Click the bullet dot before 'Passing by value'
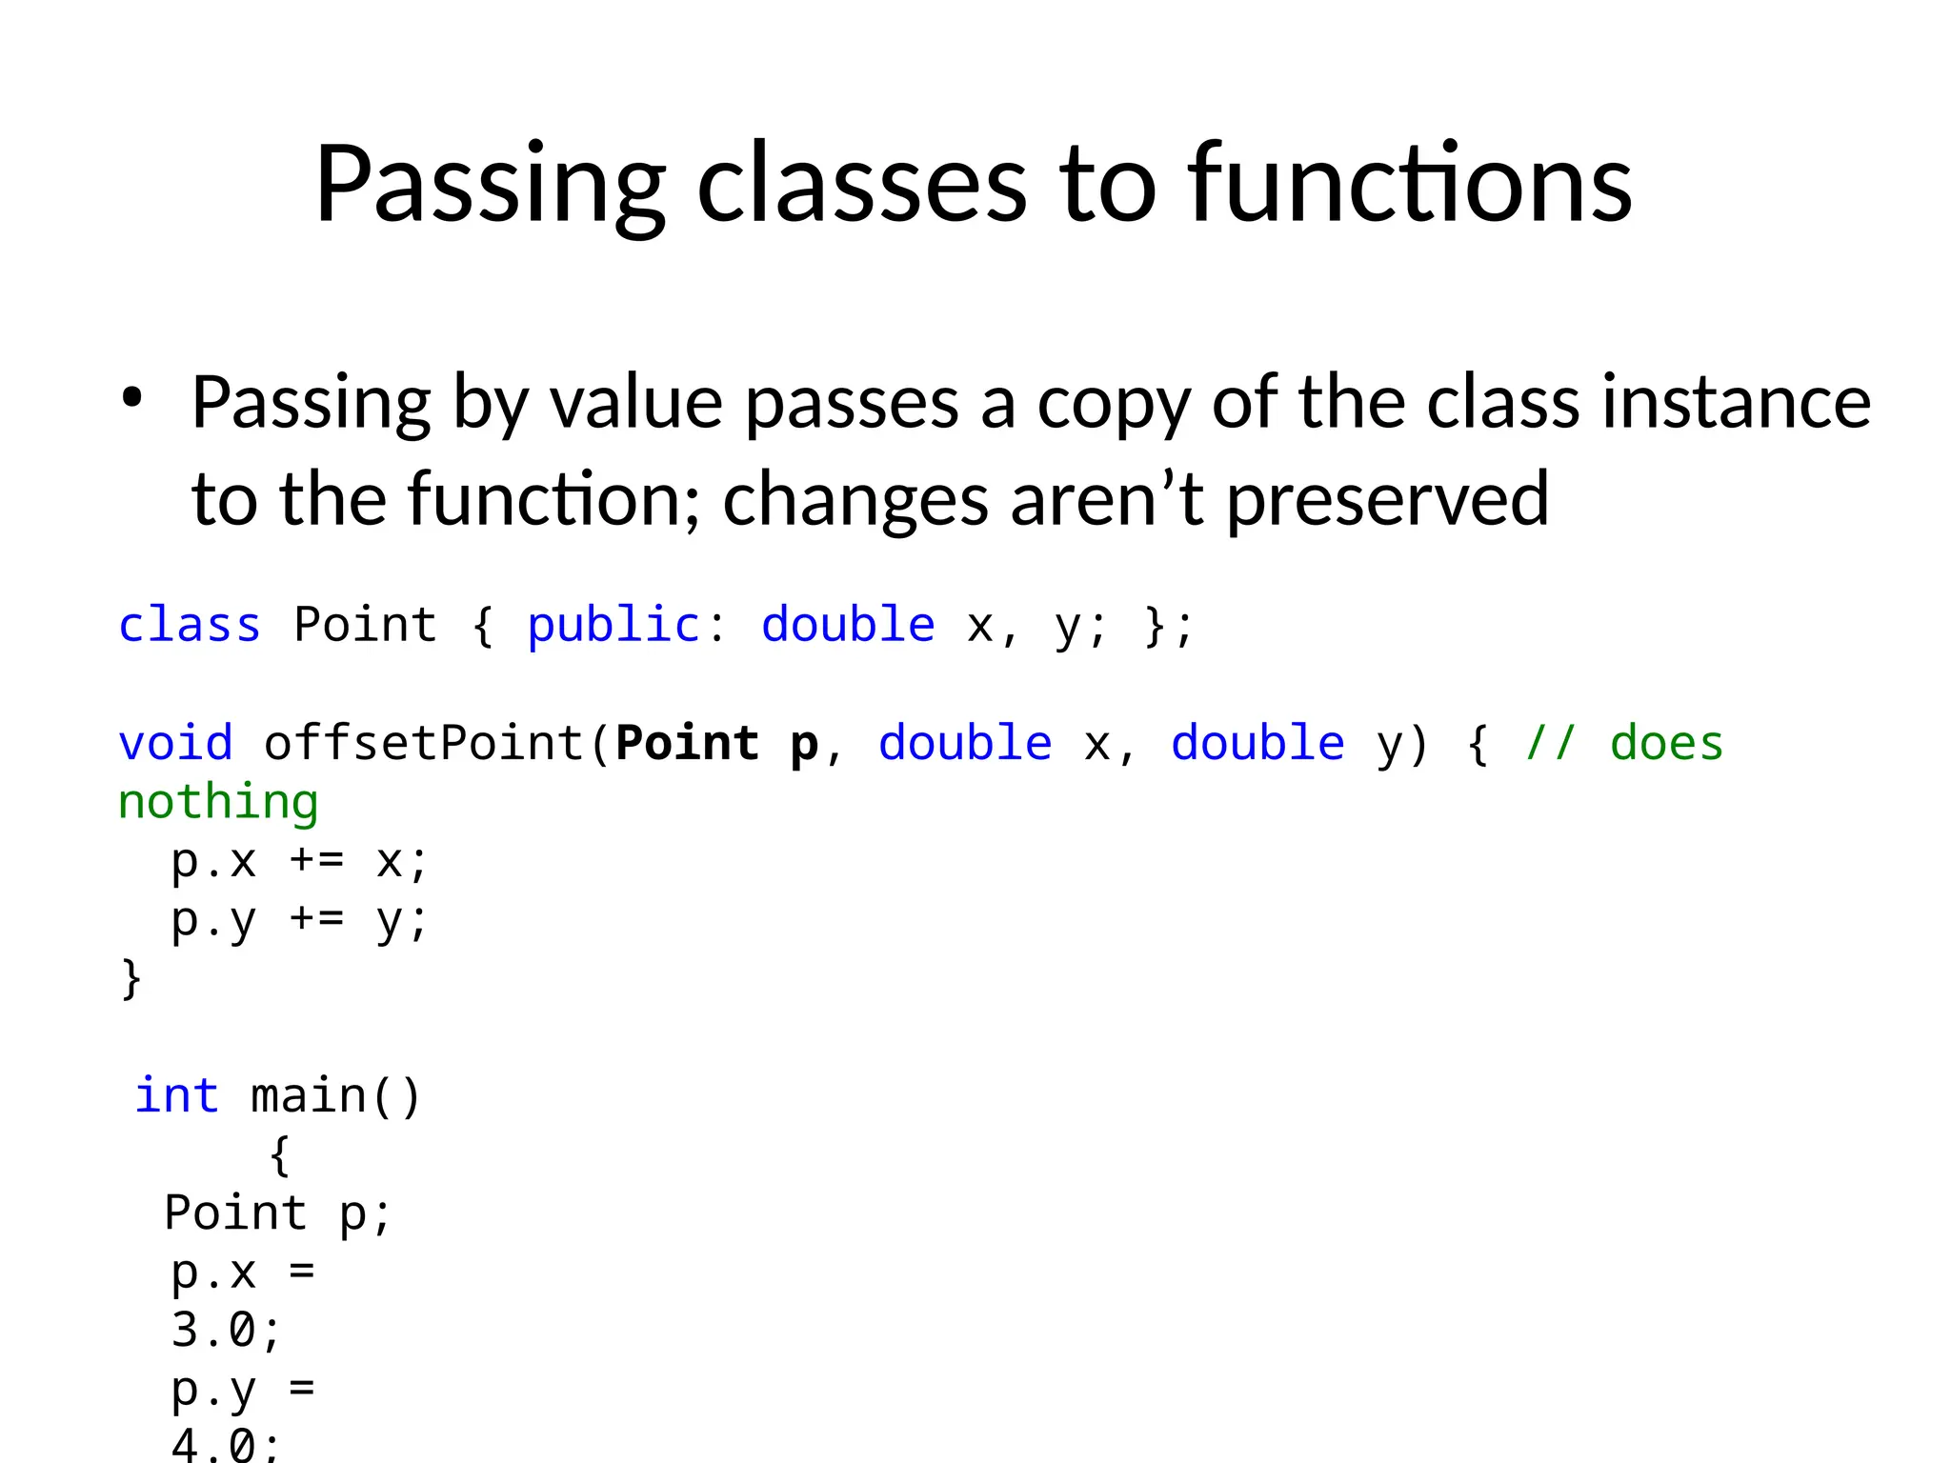(x=131, y=397)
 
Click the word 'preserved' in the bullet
(x=1387, y=499)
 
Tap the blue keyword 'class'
(x=189, y=626)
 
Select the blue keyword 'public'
(x=613, y=626)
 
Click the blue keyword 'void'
(x=175, y=743)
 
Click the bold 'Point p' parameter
(x=716, y=743)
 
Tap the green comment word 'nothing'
(x=218, y=802)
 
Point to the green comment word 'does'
(x=1666, y=743)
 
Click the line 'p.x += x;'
(x=299, y=861)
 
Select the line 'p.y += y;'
(x=299, y=920)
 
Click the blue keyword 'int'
(x=176, y=1095)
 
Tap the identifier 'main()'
(x=335, y=1095)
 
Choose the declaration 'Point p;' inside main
(x=277, y=1213)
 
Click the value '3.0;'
(x=226, y=1331)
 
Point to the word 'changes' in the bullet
(x=855, y=501)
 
